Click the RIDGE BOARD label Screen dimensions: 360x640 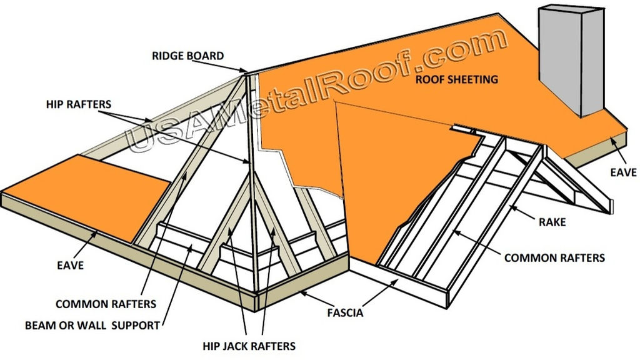tap(187, 56)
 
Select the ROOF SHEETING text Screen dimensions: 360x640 tap(457, 79)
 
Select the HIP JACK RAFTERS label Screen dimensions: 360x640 tap(249, 345)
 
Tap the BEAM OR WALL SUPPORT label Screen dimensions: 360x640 tap(92, 325)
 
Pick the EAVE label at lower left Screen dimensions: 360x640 tap(69, 266)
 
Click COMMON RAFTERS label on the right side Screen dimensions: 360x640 tap(554, 257)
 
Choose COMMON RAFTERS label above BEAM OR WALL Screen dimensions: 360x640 tap(106, 304)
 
